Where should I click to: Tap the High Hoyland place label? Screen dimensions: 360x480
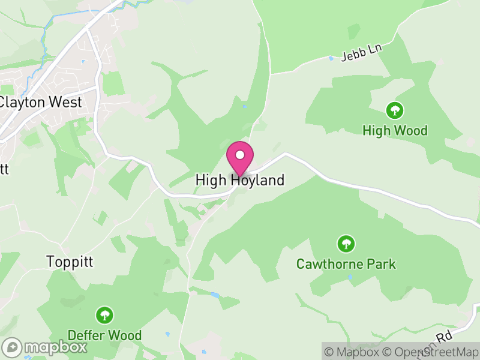pos(240,180)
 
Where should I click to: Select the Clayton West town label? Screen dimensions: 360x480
pos(40,102)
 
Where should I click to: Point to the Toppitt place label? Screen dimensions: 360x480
pos(71,262)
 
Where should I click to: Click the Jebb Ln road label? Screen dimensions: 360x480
pos(361,53)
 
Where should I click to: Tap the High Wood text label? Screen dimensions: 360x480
pos(395,130)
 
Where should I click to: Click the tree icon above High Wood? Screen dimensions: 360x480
pos(394,110)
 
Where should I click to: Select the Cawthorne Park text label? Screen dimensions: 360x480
pos(346,264)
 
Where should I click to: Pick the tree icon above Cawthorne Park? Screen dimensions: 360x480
pos(346,244)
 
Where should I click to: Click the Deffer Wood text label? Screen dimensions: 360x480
pos(104,335)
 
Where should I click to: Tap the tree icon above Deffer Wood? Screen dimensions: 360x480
pos(105,315)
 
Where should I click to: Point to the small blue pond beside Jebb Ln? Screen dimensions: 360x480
pos(331,58)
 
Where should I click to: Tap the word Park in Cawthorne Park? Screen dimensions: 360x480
pos(382,264)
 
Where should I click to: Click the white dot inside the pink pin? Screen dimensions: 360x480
pos(240,155)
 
